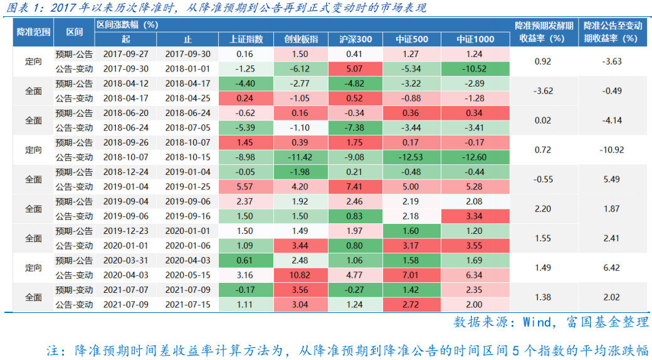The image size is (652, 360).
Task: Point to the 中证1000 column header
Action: tap(475, 40)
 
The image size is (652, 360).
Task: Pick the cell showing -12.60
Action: tap(475, 157)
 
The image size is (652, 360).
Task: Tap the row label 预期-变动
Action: tap(74, 290)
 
